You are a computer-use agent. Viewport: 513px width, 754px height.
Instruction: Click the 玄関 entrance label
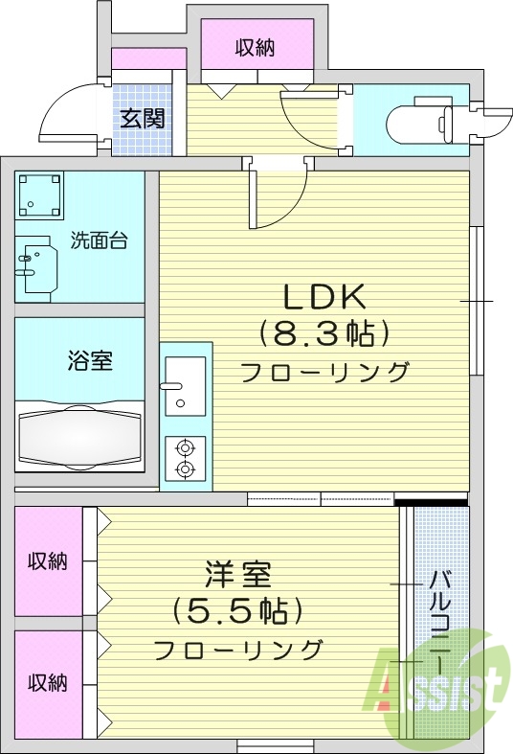point(142,119)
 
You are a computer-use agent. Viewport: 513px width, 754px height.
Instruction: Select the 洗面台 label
point(99,241)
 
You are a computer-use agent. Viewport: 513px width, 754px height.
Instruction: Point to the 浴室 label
point(90,361)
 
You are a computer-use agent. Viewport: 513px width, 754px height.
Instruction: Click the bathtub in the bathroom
point(80,437)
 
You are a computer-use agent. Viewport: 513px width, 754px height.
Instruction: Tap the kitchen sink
point(185,384)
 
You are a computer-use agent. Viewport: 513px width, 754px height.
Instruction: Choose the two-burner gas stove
point(185,457)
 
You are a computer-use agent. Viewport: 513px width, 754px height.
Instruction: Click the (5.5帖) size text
point(237,609)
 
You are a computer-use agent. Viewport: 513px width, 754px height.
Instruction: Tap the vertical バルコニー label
point(441,623)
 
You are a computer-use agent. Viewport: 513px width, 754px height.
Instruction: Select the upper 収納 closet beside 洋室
point(47,561)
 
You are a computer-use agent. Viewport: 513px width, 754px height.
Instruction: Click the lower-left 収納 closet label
point(47,683)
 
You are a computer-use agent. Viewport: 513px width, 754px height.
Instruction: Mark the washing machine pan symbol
point(39,195)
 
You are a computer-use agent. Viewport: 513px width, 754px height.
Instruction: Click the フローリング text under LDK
point(323,373)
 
